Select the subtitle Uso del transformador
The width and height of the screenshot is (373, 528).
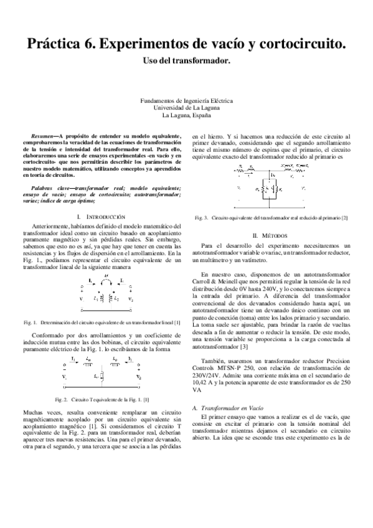tap(186, 61)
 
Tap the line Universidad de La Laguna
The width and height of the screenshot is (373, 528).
tap(186, 107)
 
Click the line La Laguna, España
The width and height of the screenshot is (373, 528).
tap(186, 115)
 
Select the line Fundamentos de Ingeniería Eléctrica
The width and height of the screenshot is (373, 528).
tap(186, 100)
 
